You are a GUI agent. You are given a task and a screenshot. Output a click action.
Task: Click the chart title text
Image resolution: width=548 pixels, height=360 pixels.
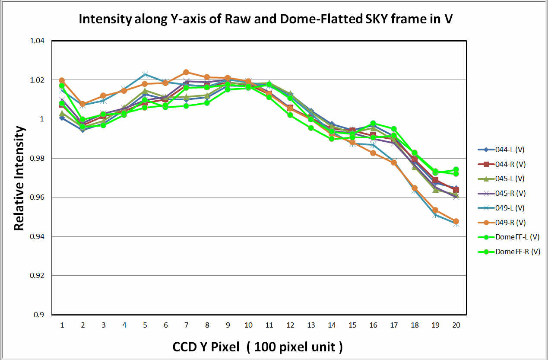tap(265, 19)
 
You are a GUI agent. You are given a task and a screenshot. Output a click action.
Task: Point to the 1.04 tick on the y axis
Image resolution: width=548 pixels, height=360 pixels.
tap(37, 41)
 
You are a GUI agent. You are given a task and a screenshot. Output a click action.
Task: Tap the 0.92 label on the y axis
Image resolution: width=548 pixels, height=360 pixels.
tap(37, 276)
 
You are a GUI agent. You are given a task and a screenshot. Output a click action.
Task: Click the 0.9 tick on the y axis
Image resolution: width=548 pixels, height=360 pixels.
tap(38, 315)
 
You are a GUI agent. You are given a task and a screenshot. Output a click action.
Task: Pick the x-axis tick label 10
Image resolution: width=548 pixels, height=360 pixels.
tap(248, 325)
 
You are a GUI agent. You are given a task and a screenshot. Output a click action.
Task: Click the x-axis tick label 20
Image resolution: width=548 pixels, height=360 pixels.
tap(456, 325)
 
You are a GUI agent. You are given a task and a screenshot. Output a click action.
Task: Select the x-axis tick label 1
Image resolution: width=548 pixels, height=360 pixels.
tap(62, 325)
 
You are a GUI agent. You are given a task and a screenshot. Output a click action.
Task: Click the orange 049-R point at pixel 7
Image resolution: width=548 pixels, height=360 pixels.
tap(186, 72)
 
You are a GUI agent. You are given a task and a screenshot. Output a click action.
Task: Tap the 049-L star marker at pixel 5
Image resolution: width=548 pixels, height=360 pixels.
tap(145, 74)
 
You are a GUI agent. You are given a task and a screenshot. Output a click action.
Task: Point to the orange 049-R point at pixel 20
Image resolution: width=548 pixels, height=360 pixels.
tap(456, 221)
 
